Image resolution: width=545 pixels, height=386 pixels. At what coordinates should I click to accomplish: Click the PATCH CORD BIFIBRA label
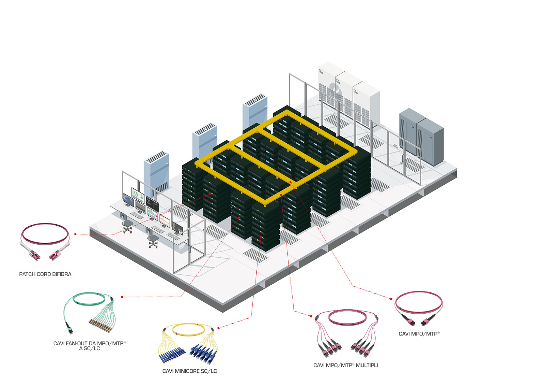pos(45,274)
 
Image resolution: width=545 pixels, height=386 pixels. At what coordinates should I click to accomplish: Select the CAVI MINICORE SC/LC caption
pos(189,371)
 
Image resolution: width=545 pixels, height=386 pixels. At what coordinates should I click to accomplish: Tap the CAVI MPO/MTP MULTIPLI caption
pos(345,365)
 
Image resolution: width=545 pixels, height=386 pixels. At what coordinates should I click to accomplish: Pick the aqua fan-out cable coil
pos(89,300)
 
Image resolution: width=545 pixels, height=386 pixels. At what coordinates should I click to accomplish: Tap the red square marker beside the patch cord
pos(75,234)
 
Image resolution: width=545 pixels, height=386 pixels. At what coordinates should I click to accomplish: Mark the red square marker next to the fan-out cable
pos(122,297)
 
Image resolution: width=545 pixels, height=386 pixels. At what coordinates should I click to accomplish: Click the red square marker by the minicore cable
pos(218,328)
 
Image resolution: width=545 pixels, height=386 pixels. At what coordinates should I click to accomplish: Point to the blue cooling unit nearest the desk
pos(156,172)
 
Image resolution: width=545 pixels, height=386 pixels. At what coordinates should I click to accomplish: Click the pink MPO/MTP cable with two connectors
pos(418,307)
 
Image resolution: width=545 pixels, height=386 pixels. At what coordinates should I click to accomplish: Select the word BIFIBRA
pos(62,274)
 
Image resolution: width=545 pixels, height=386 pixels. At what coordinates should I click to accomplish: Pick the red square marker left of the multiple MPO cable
pos(311,316)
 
